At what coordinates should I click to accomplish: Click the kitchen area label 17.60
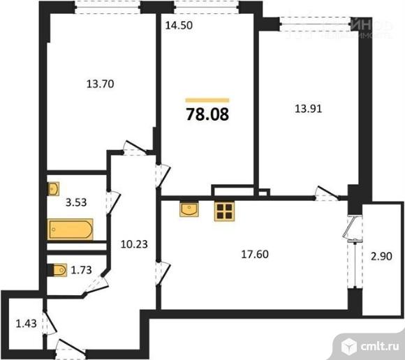pyautogui.click(x=258, y=255)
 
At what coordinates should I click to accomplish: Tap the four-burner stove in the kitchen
pyautogui.click(x=223, y=211)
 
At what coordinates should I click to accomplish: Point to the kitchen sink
pyautogui.click(x=189, y=209)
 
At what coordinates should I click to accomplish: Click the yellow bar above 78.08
pyautogui.click(x=208, y=100)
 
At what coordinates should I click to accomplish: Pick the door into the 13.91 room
pyautogui.click(x=324, y=193)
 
